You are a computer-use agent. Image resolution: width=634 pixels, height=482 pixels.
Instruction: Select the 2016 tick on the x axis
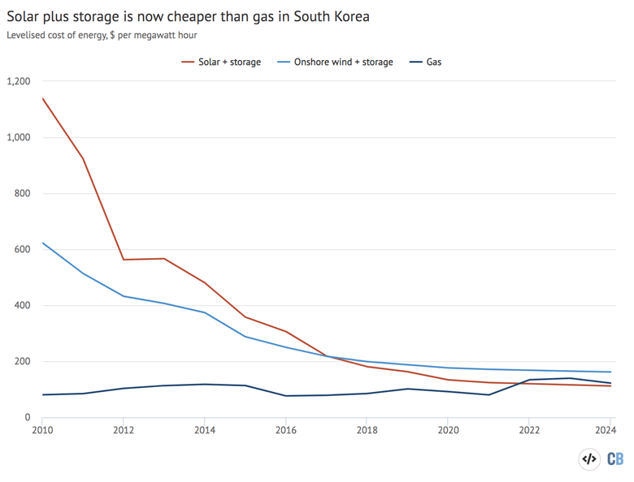click(x=285, y=431)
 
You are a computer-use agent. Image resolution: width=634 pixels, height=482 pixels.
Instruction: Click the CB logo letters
click(x=615, y=459)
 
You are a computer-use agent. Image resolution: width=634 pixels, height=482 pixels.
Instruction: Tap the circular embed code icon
click(x=589, y=459)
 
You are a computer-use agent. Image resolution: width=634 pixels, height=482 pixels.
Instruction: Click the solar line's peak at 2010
click(x=42, y=98)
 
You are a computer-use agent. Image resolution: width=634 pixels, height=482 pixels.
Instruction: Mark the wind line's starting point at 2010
click(x=42, y=243)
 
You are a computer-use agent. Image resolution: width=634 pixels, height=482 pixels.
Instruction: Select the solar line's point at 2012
click(x=124, y=260)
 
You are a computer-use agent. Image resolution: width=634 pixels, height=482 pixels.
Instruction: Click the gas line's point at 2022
click(x=530, y=380)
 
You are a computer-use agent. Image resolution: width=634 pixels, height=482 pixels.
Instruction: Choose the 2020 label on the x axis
click(x=448, y=431)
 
